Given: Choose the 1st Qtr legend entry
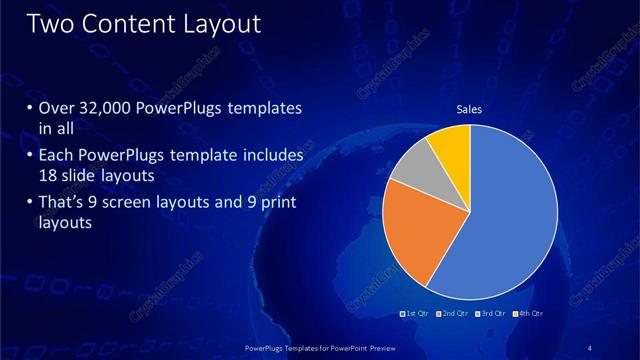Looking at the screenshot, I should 416,314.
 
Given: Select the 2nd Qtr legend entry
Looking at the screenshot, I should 454,314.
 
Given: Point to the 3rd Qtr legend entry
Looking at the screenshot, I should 492,314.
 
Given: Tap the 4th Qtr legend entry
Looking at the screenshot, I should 529,314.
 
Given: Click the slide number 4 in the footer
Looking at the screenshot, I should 590,347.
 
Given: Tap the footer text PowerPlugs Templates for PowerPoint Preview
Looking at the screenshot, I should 319,347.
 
